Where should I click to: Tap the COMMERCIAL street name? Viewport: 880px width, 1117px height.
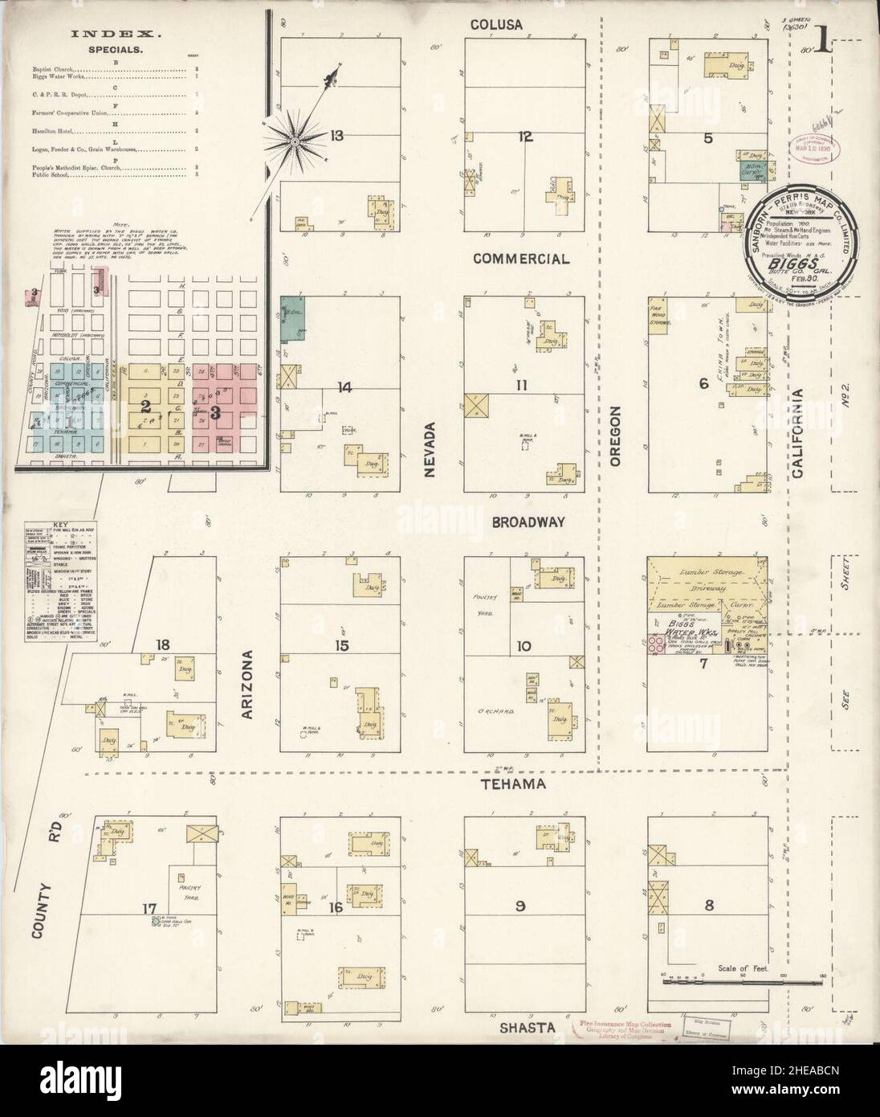[x=521, y=259]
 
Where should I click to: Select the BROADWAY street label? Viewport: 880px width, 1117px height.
[x=530, y=522]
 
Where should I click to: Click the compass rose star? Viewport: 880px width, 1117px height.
[x=295, y=141]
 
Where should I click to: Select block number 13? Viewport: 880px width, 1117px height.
[x=336, y=136]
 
